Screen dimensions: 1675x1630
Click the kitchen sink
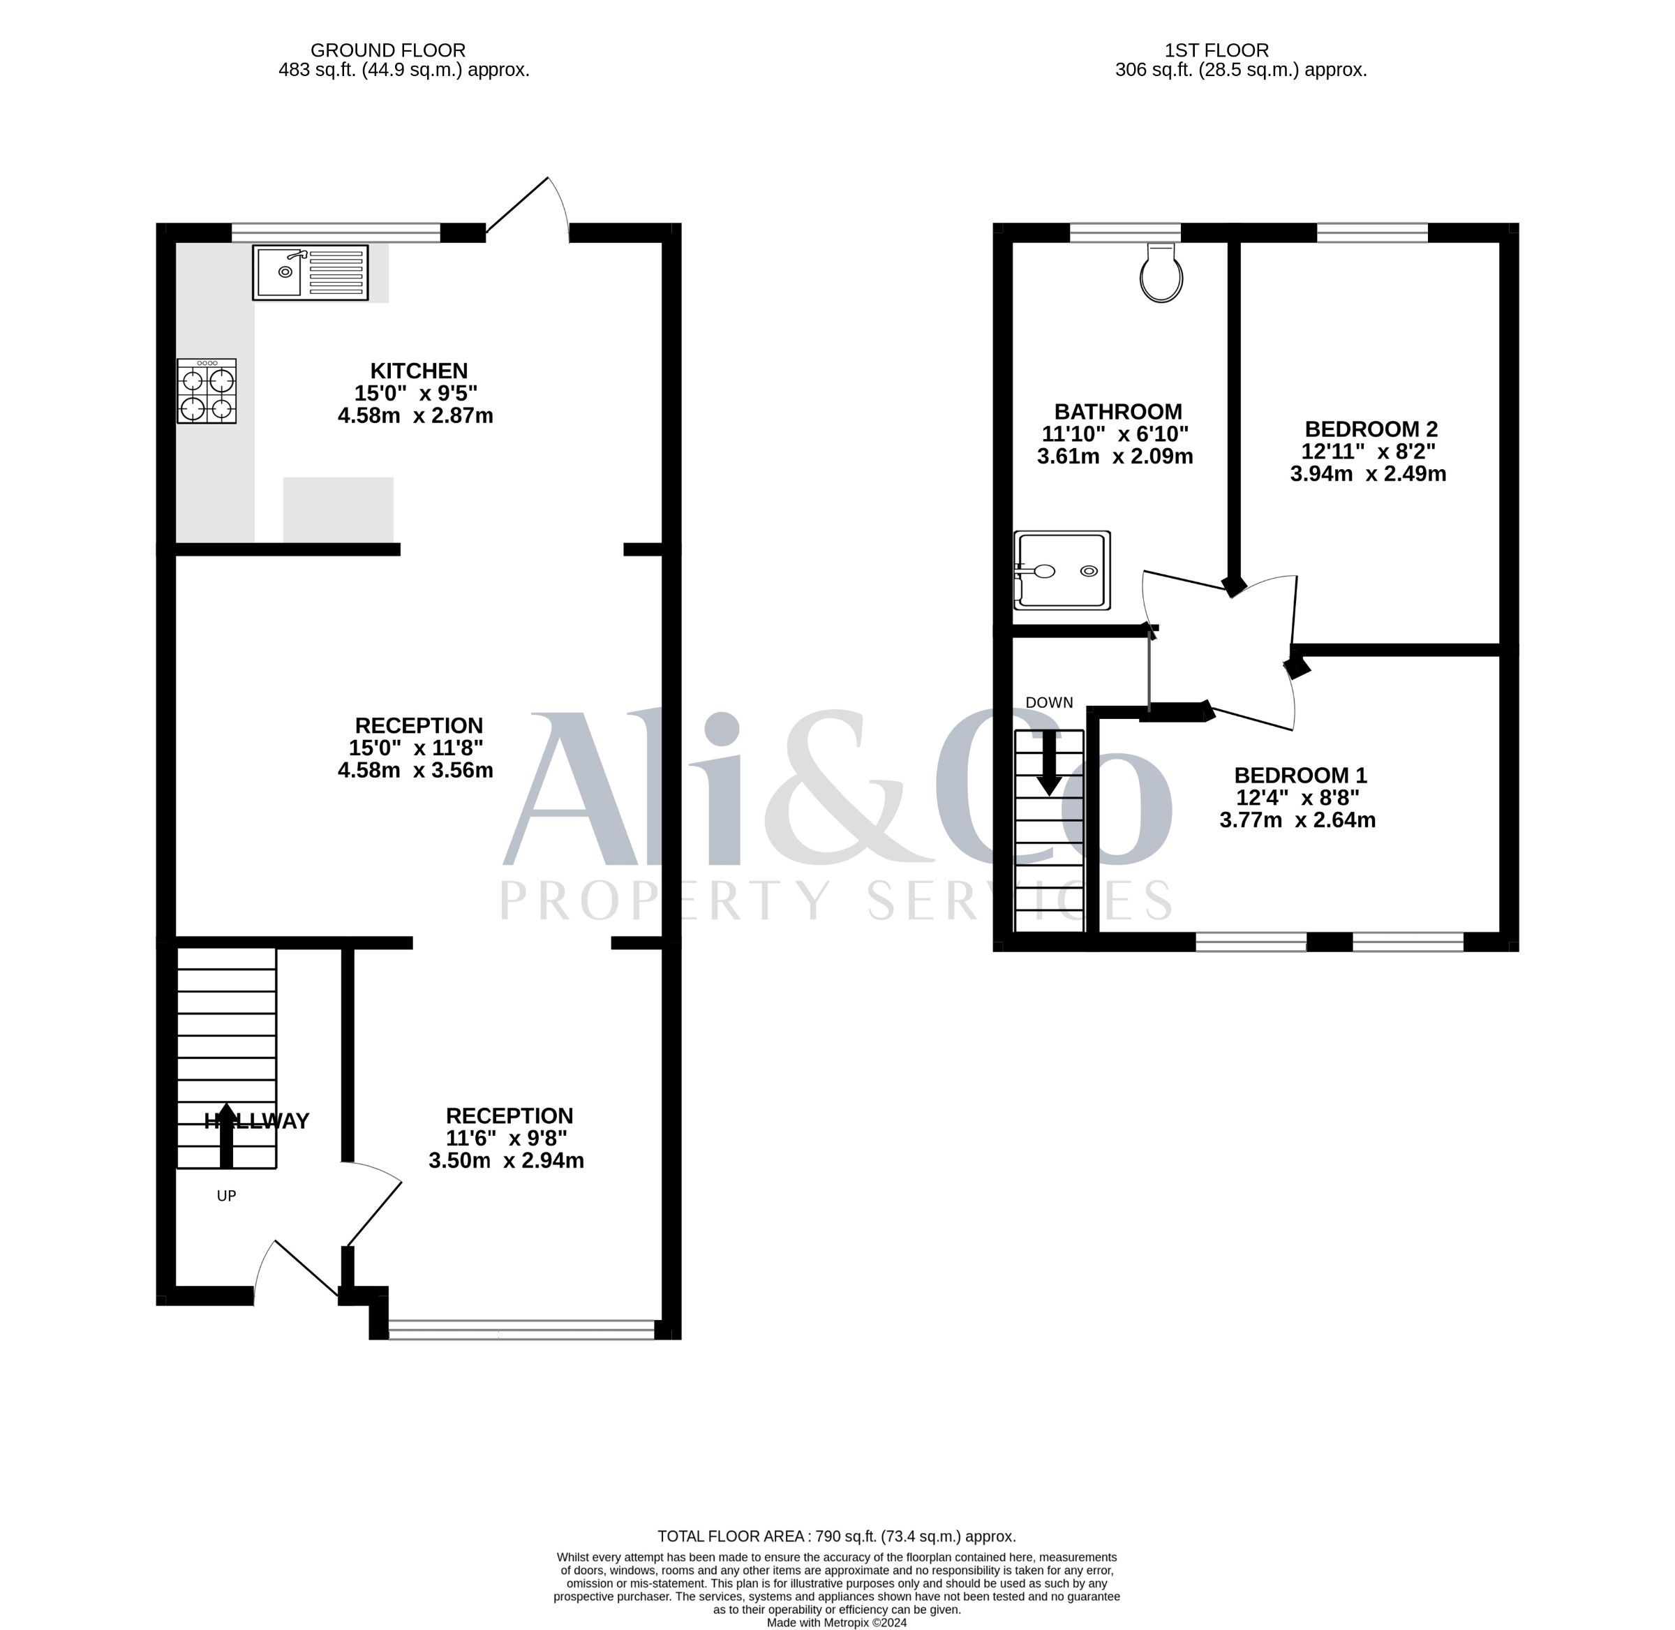[x=310, y=272]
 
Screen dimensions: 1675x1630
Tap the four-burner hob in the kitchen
[x=207, y=390]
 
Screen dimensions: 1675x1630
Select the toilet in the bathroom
[x=1161, y=272]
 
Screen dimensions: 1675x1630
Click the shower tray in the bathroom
[x=1062, y=570]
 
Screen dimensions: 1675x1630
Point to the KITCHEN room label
[x=419, y=371]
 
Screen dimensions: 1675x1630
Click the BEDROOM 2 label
[x=1371, y=429]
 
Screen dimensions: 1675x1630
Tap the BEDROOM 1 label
[x=1300, y=776]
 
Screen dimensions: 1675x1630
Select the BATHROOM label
[x=1118, y=412]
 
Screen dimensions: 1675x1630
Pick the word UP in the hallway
[x=226, y=1196]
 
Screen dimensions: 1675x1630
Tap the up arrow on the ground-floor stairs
[x=226, y=1135]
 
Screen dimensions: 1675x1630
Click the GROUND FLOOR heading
[x=388, y=50]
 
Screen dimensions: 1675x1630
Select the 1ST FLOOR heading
[x=1216, y=50]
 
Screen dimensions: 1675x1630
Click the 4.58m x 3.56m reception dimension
[x=415, y=770]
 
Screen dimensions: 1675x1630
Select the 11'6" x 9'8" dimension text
[x=507, y=1138]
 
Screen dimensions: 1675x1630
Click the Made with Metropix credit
[x=836, y=1622]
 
